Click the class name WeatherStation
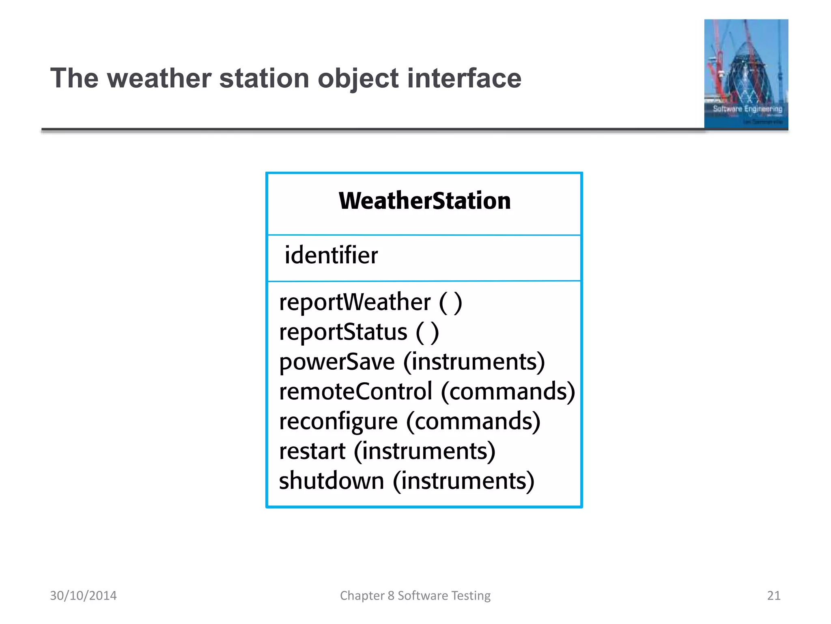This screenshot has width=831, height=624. pos(424,201)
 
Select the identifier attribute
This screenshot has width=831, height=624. pos(331,255)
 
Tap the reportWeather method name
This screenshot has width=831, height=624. pos(355,302)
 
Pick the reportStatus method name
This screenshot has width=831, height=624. pos(343,332)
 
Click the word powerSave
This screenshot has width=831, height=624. pos(337,362)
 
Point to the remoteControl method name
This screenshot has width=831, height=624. pos(355,392)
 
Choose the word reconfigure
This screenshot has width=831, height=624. pos(338,422)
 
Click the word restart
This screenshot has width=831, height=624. pos(312,451)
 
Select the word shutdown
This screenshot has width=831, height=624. pos(331,481)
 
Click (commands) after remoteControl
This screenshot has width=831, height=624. pos(508,392)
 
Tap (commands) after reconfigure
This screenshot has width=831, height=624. pos(473,422)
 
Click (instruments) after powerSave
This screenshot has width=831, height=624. pos(474,362)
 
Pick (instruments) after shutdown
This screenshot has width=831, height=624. pos(463,481)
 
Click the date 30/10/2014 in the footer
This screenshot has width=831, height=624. pos(83,596)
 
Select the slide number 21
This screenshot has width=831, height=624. pos(773,596)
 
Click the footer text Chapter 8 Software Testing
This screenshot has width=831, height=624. pos(415,596)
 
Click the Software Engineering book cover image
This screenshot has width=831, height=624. pos(746,74)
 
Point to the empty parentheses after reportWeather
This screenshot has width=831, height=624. pos(450,302)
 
